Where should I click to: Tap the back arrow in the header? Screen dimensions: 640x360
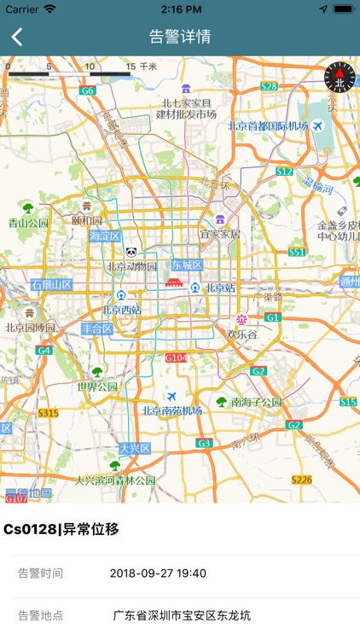pos(17,37)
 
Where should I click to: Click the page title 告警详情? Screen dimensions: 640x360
pos(180,37)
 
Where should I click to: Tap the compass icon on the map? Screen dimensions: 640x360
pos(339,79)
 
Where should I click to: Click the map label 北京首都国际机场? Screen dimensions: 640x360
pos(267,126)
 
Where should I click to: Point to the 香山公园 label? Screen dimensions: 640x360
pos(29,223)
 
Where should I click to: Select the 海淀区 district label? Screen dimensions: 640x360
pos(105,236)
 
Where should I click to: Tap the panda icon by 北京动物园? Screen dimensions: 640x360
pos(131,253)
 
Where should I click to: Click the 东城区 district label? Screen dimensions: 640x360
pos(188,265)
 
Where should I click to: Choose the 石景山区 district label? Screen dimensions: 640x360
pos(52,284)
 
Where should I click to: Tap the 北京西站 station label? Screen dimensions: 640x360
pos(122,310)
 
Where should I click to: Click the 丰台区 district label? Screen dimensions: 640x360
pos(96,329)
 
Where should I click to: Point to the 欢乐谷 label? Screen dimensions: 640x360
pos(242,335)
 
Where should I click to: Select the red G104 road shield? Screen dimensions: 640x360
pos(176,358)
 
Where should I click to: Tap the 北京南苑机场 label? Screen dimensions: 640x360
pos(171,410)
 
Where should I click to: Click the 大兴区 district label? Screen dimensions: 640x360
pos(134,448)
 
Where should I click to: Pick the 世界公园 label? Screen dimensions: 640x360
pos(97,387)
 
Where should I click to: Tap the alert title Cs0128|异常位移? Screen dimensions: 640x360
pos(61,529)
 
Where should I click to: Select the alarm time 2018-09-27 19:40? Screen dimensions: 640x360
pos(158,573)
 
